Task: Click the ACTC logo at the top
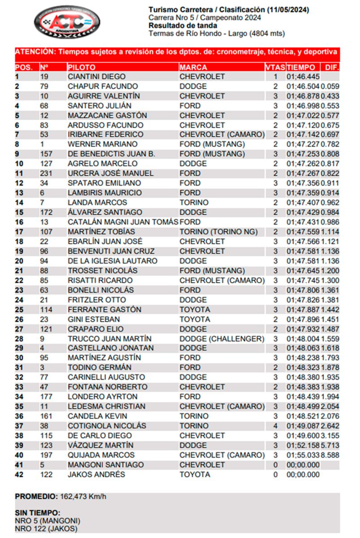(x=67, y=22)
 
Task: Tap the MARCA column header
(x=193, y=67)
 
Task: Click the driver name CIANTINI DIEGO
(x=96, y=77)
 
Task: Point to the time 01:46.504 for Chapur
(x=303, y=87)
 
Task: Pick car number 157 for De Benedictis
(x=46, y=154)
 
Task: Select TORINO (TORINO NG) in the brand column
(x=219, y=232)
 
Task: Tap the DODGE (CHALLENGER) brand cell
(x=222, y=338)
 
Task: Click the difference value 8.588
(x=330, y=455)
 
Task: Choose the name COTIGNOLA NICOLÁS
(x=107, y=426)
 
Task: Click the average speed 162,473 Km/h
(x=83, y=497)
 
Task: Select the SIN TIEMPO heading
(x=37, y=513)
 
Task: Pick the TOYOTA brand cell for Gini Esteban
(x=195, y=319)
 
